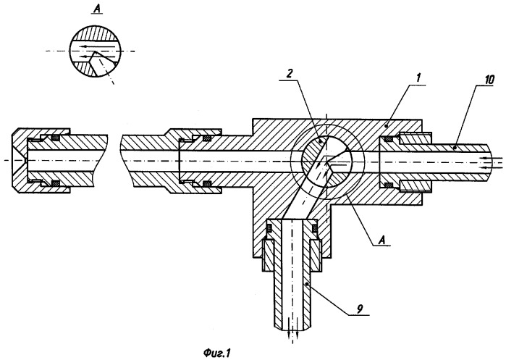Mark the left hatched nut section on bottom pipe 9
(x=269, y=257)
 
